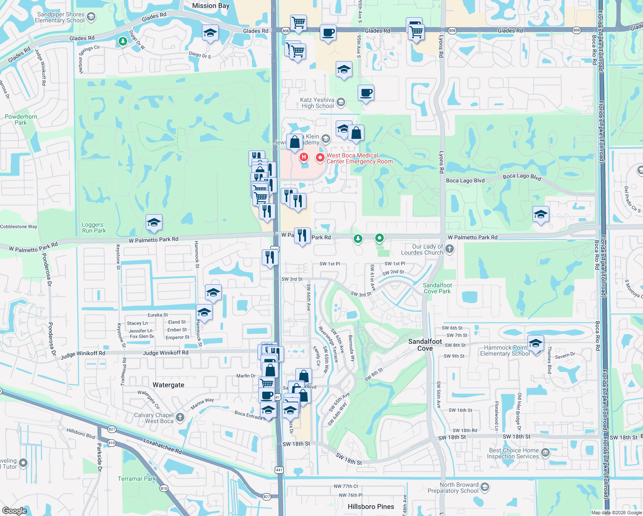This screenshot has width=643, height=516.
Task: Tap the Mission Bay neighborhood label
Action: coord(211,6)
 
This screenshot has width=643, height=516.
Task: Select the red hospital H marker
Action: coord(304,157)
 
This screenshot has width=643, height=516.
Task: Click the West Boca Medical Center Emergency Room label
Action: coord(359,159)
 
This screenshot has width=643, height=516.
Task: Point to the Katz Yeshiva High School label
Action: coord(318,103)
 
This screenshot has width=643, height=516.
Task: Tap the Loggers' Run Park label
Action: coord(94,227)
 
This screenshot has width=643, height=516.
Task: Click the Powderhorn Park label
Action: coord(21,120)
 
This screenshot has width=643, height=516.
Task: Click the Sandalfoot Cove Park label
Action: coord(437,288)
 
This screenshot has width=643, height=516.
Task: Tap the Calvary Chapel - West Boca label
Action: coord(154,418)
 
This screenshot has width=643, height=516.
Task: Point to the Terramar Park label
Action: coord(137,479)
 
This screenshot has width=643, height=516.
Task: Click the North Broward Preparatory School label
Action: coord(459,488)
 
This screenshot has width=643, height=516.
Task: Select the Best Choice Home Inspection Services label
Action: coord(514,453)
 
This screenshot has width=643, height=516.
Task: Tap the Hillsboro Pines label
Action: coord(370,507)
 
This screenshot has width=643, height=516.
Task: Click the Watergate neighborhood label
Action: coord(168,385)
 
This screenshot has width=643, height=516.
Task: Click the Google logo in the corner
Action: coord(14,510)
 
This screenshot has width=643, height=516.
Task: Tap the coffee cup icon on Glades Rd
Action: coord(328,33)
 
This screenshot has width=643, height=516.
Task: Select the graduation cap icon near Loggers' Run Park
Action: coord(154,223)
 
